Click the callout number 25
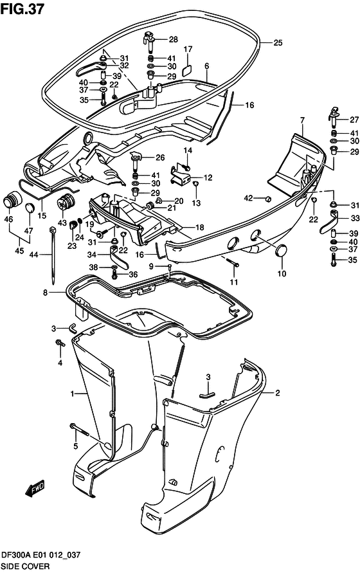click(x=277, y=43)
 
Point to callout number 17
click(x=188, y=50)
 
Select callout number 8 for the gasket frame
click(x=45, y=293)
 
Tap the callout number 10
click(x=281, y=274)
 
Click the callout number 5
click(x=75, y=446)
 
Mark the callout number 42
click(x=249, y=198)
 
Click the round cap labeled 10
click(x=281, y=251)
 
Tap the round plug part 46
click(x=10, y=199)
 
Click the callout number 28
click(x=173, y=39)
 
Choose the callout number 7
click(x=301, y=120)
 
